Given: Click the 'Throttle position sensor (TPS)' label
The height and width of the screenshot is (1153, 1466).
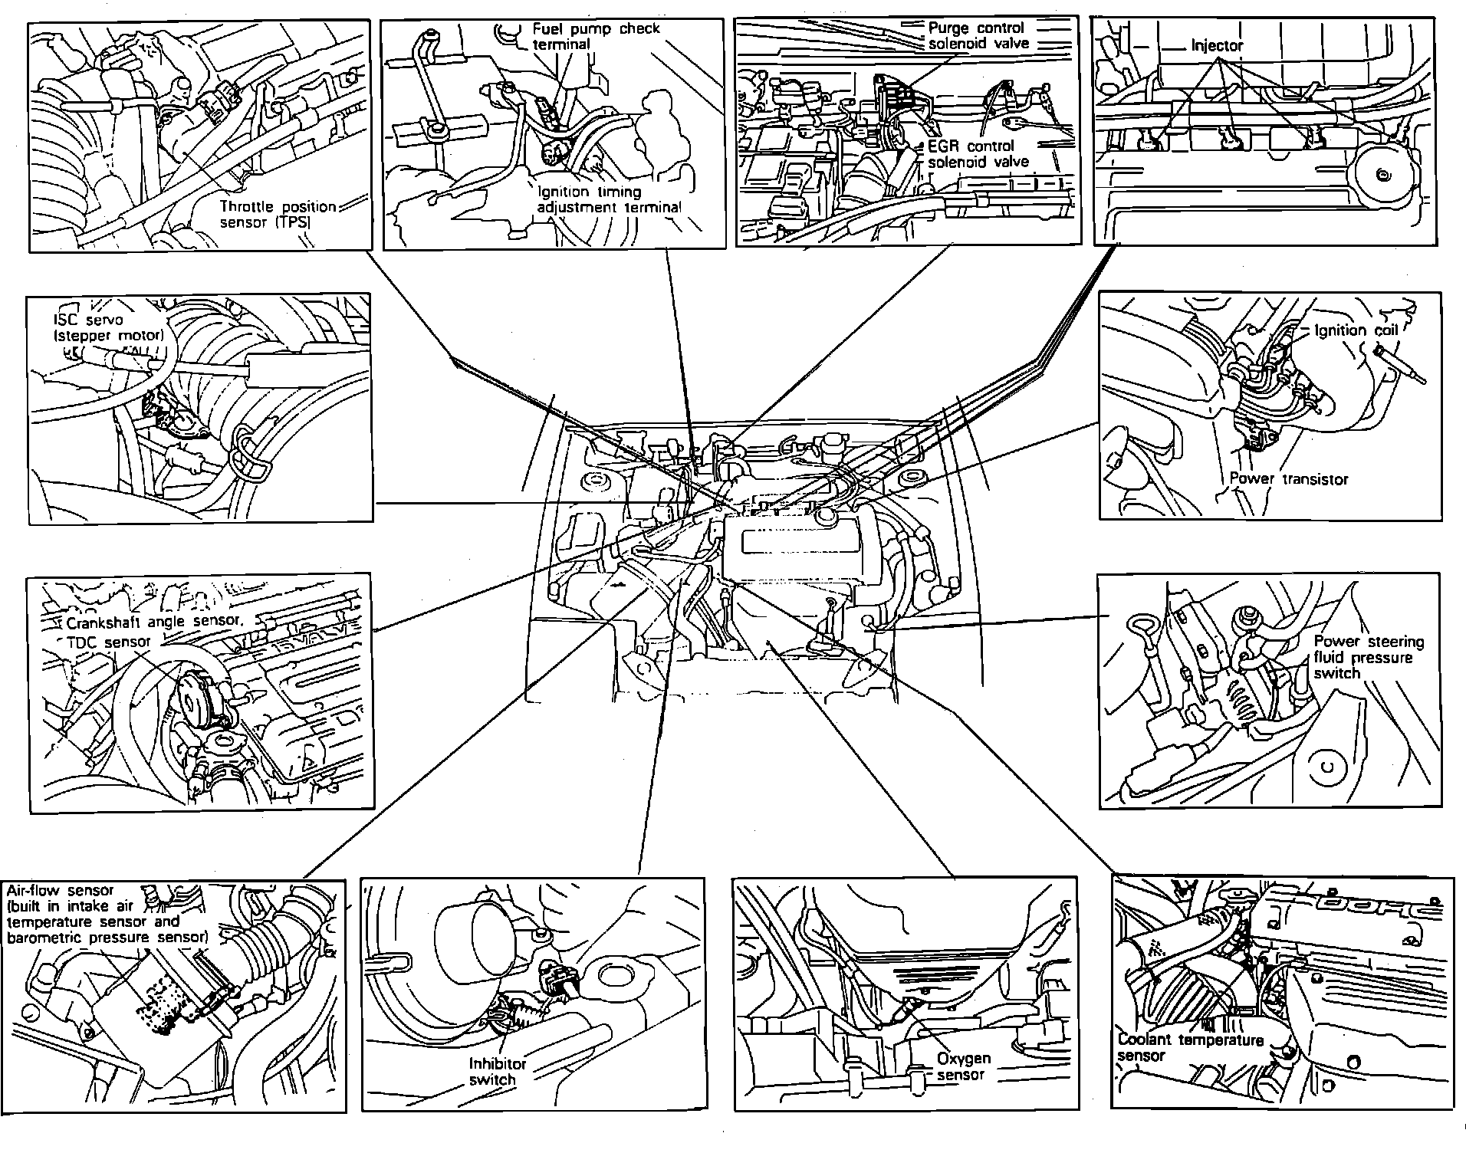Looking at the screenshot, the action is pos(278,215).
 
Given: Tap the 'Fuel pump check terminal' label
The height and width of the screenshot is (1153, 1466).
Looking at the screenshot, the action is pos(596,36).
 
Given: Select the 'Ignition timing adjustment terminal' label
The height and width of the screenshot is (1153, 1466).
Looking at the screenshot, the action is pos(609,199).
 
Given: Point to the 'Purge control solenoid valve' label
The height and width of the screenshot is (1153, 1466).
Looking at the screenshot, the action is pos(978,36).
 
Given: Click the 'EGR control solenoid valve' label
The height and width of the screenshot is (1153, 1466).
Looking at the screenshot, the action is pos(978,153).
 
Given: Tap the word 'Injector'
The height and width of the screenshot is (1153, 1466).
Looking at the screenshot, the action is pos(1216,46).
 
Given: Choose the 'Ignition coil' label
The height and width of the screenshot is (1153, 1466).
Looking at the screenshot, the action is pos(1356,330).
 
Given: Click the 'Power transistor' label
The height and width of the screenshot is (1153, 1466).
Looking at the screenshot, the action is pos(1288,478).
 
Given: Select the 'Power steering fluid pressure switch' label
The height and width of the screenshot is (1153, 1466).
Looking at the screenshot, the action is pos(1368,657).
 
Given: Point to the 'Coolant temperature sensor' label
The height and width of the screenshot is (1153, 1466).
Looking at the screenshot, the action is pos(1190,1047).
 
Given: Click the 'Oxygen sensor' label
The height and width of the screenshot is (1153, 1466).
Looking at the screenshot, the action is pos(963,1066).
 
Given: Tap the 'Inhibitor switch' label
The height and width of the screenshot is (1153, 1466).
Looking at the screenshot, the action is pos(497,1071).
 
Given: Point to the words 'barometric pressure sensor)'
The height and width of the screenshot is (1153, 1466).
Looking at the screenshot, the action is pos(107,937).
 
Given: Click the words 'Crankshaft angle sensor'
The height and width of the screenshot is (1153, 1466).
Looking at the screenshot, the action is pos(154,622).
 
